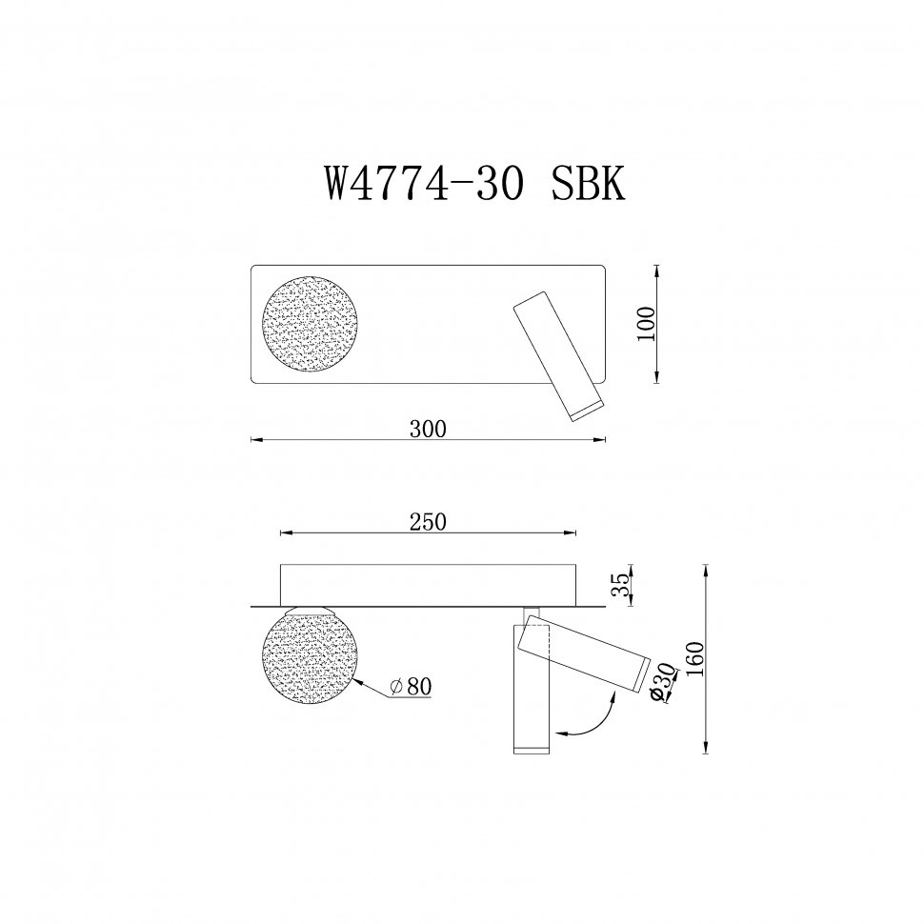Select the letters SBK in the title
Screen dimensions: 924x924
point(588,184)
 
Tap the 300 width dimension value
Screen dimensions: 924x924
point(428,430)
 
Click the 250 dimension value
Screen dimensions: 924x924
point(428,521)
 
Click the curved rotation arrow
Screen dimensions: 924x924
point(590,716)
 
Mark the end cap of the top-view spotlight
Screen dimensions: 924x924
point(583,410)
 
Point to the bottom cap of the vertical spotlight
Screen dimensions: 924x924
point(532,750)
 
